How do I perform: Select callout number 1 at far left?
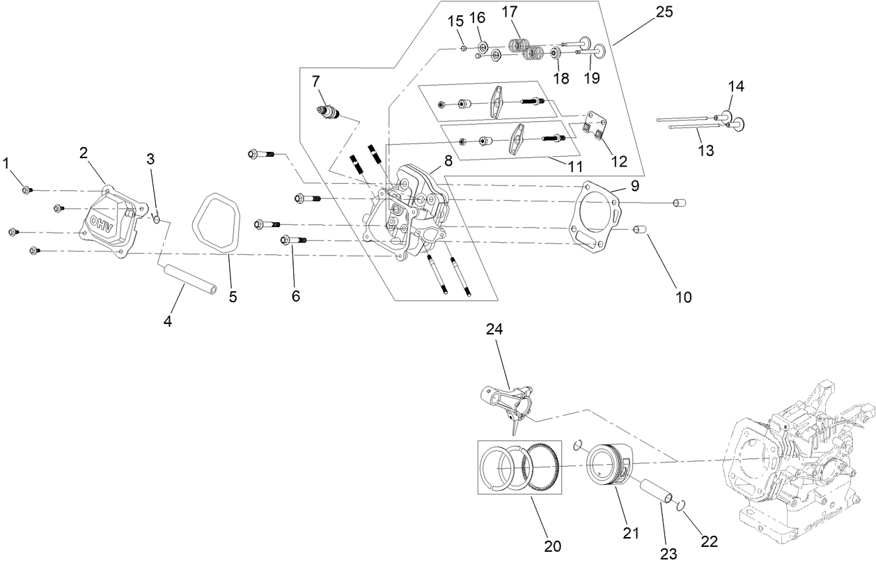pyautogui.click(x=6, y=164)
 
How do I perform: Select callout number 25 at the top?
pyautogui.click(x=664, y=12)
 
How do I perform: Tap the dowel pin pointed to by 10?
pyautogui.click(x=640, y=229)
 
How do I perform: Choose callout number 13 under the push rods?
pyautogui.click(x=705, y=150)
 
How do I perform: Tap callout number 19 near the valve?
pyautogui.click(x=590, y=78)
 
